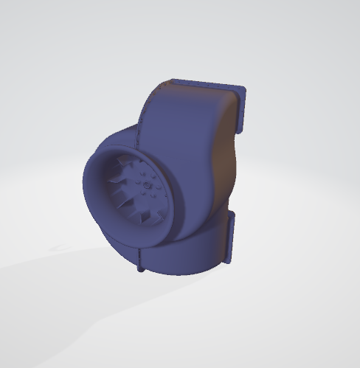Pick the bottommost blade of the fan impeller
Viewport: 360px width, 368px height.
click(145, 221)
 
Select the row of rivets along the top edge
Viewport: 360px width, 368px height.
click(199, 83)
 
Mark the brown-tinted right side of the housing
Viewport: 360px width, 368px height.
click(221, 162)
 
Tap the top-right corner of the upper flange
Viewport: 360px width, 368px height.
click(243, 89)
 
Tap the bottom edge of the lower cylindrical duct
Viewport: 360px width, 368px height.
click(184, 274)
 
